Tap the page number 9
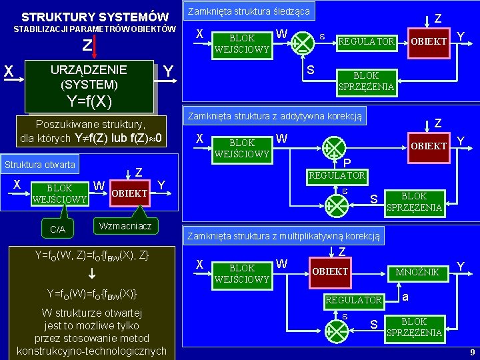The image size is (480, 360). tap(472, 352)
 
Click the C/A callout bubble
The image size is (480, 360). tap(58, 229)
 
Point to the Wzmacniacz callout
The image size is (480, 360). tap(125, 227)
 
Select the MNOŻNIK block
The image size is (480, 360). tap(418, 272)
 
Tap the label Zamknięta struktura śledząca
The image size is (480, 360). tap(248, 11)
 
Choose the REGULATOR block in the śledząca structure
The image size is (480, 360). tap(367, 42)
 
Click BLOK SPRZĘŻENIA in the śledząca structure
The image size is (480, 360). tap(366, 81)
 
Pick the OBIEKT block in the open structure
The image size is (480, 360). tap(129, 193)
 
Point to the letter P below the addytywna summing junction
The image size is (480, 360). tap(347, 163)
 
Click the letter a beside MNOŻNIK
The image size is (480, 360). tap(406, 295)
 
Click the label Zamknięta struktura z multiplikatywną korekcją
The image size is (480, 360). tap(284, 235)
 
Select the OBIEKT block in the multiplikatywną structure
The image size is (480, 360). tap(330, 272)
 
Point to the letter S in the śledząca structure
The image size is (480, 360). tap(310, 69)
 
